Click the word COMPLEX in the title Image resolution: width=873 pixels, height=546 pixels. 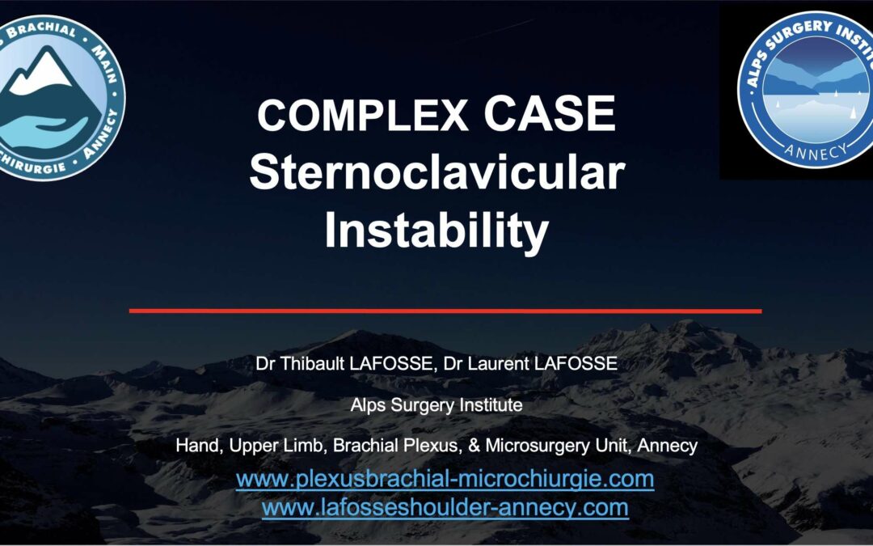pyautogui.click(x=362, y=114)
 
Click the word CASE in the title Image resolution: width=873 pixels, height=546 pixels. pyautogui.click(x=550, y=114)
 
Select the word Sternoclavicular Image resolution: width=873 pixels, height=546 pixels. pyautogui.click(x=437, y=172)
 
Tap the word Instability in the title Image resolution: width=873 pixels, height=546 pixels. pyautogui.click(x=437, y=231)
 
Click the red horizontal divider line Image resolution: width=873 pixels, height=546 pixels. pyautogui.click(x=445, y=311)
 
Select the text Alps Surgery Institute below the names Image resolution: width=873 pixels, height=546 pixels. pyautogui.click(x=436, y=405)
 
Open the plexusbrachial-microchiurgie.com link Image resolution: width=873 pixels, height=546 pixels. pyautogui.click(x=445, y=479)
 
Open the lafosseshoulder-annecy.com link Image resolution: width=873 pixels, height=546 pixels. pyautogui.click(x=445, y=507)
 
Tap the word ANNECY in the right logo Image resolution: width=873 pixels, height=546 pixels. pyautogui.click(x=816, y=151)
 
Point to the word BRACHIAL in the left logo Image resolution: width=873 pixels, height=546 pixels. pyautogui.click(x=41, y=30)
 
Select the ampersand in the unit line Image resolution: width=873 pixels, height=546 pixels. pyautogui.click(x=474, y=446)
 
